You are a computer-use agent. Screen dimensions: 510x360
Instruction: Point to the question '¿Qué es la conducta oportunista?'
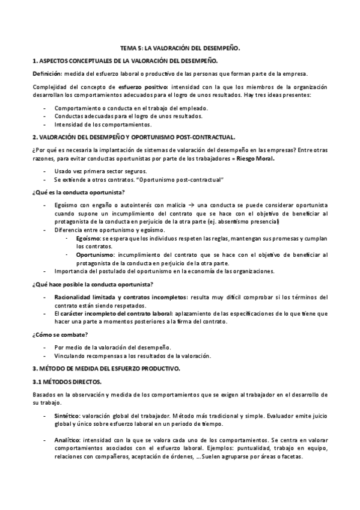[x=78, y=192]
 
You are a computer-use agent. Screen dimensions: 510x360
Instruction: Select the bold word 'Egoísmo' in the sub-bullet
[x=88, y=238]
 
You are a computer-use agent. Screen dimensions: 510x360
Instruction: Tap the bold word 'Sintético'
[x=67, y=416]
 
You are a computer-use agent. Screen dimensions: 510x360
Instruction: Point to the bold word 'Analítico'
[x=67, y=440]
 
